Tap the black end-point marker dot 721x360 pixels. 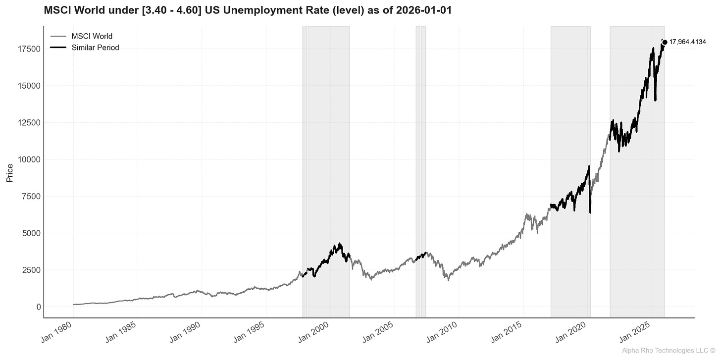(665, 42)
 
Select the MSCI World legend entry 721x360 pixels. (92, 36)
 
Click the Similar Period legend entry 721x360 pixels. (95, 48)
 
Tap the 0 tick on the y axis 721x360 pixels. (38, 307)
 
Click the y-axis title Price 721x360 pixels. (10, 173)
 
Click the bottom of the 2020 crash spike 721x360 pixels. (590, 213)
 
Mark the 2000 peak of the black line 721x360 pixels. (339, 244)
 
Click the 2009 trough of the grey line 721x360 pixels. (448, 280)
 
